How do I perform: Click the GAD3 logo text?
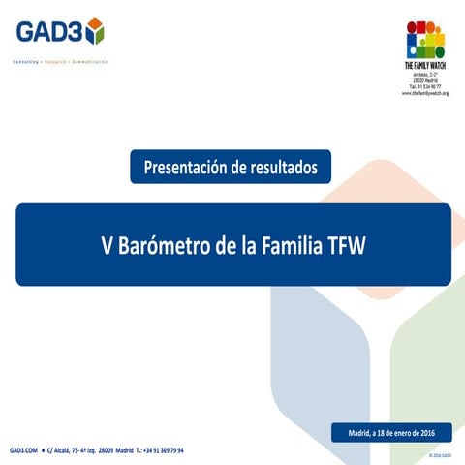49,32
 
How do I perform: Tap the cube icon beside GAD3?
94,32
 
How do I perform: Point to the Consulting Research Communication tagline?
59,61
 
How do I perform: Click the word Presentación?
187,167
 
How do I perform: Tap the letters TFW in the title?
345,244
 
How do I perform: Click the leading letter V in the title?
108,244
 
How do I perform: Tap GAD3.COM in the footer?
24,450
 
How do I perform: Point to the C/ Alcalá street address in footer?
81,450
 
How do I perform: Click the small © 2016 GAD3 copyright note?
440,453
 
